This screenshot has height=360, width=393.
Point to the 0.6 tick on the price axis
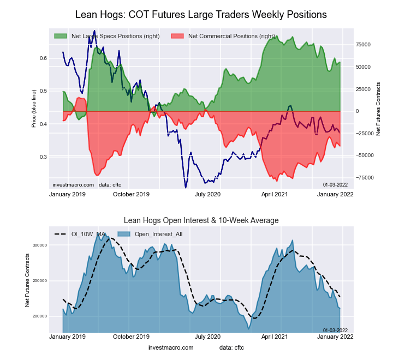(43, 58)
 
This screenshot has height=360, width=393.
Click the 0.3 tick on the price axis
(43, 157)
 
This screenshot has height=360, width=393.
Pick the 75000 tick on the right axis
(364, 45)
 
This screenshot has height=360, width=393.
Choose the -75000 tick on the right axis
(364, 178)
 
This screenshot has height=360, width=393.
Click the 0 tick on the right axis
(358, 111)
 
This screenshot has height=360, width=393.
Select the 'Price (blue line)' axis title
(33, 109)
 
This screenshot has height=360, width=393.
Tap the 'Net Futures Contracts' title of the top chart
(378, 109)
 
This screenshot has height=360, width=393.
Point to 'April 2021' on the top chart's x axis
(275, 194)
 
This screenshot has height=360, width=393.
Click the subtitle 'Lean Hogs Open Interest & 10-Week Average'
(201, 220)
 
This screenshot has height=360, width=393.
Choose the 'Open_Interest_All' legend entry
(158, 234)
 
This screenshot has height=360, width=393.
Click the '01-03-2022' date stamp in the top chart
(335, 184)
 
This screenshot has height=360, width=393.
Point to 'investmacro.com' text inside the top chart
(73, 184)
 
